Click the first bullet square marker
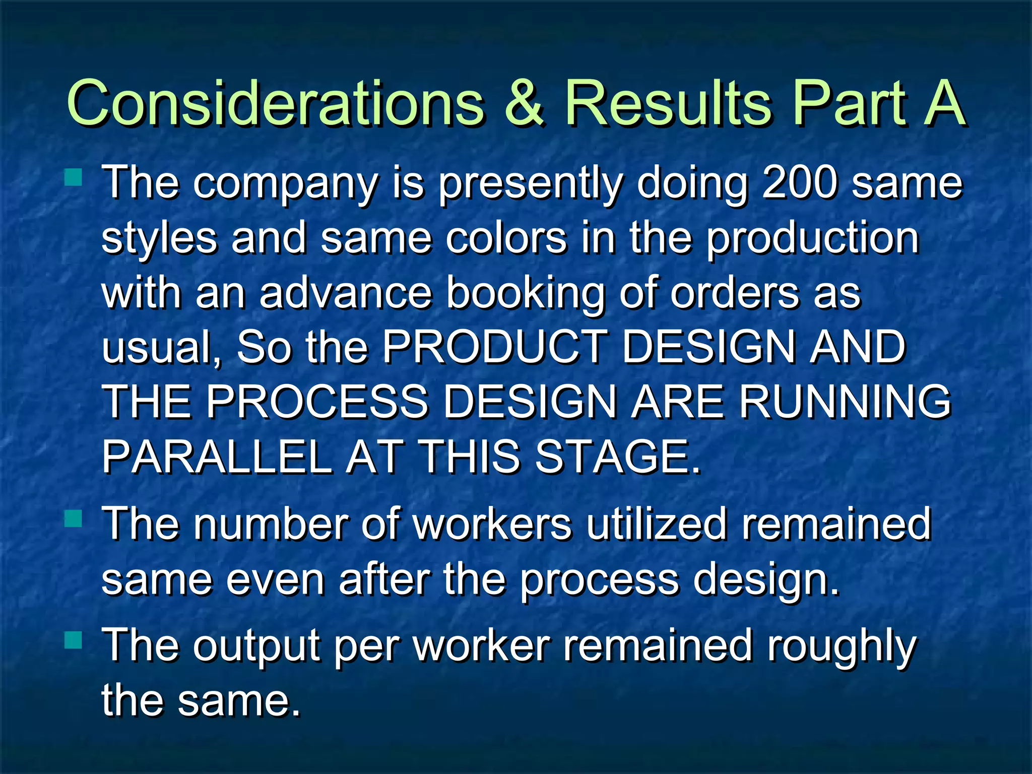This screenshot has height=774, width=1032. click(74, 177)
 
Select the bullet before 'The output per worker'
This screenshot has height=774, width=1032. click(74, 640)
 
